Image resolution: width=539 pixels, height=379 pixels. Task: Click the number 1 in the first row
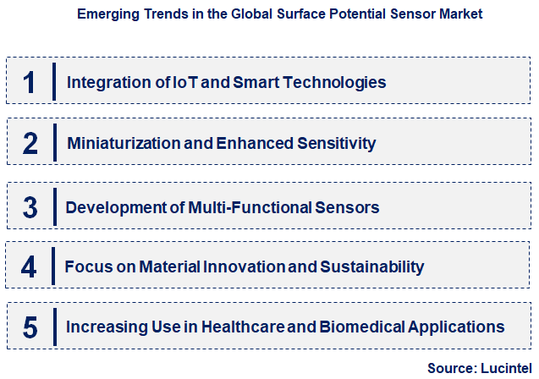30,82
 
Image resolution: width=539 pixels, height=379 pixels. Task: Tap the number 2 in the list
30,143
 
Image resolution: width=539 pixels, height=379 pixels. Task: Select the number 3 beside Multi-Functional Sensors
30,206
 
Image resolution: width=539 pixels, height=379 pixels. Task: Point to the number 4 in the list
30,266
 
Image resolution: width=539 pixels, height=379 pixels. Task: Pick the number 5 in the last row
30,327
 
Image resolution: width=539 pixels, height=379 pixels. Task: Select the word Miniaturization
123,143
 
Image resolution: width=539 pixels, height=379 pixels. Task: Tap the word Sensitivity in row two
337,143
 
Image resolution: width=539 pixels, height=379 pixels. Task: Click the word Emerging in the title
106,14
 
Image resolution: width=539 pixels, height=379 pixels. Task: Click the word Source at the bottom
450,368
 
